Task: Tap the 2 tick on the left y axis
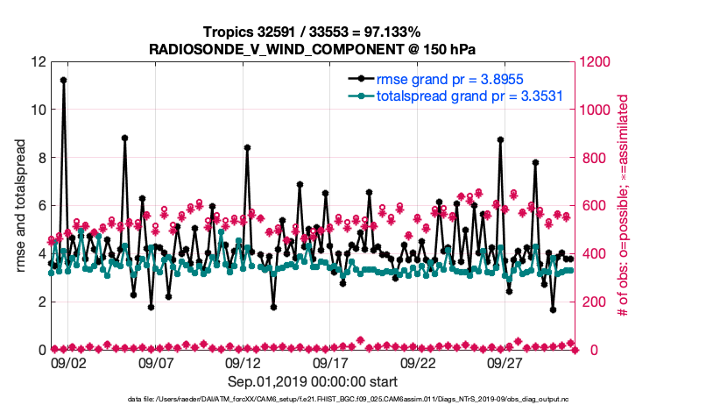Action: coord(41,302)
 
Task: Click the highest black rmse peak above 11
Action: coord(63,80)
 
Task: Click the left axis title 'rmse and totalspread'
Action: coord(21,206)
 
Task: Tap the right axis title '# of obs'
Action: coord(625,206)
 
